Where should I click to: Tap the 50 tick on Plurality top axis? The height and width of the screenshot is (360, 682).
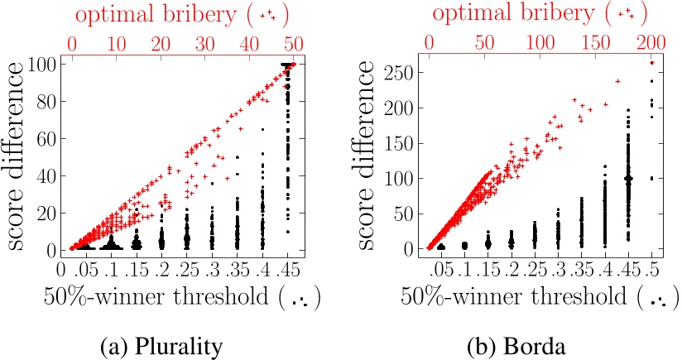pyautogui.click(x=291, y=41)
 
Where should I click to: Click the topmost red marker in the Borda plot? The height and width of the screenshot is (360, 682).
pyautogui.click(x=652, y=63)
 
